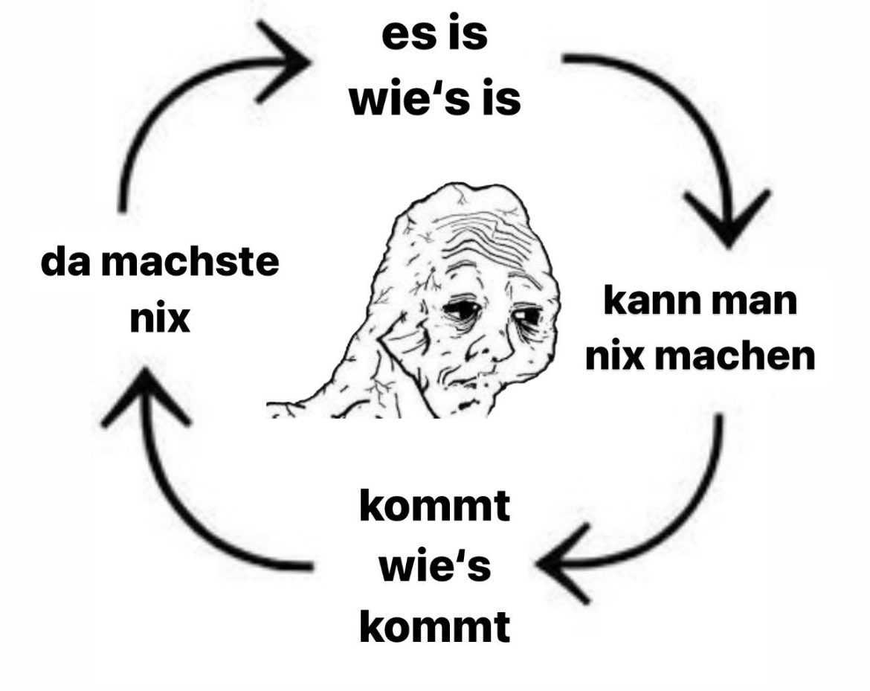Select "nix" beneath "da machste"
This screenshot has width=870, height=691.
pos(159,321)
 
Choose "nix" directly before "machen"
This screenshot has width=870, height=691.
pos(614,359)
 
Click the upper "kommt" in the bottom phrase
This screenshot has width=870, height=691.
pos(435,508)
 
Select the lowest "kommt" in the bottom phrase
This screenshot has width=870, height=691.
pos(435,629)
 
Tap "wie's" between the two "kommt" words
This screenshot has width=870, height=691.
pos(435,568)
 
